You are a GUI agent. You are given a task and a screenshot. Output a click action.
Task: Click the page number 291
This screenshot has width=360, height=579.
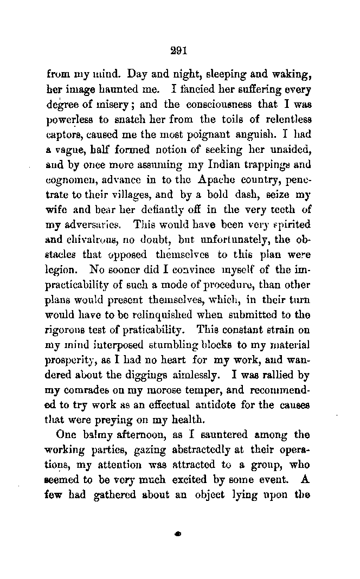(x=178, y=52)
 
